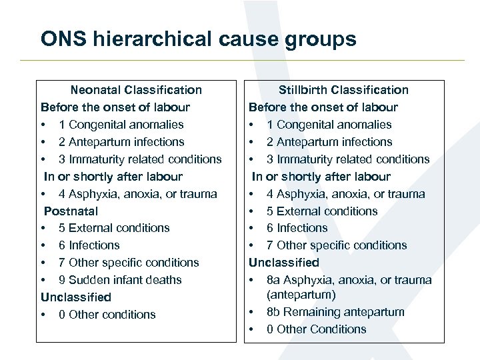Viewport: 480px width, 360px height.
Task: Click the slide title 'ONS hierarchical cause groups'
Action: pos(198,39)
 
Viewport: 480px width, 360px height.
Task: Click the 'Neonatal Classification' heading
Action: pos(136,90)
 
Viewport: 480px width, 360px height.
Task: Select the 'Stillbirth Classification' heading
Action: pos(343,90)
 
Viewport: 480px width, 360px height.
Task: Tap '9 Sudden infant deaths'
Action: pos(120,280)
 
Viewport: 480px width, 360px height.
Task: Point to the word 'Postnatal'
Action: pos(71,211)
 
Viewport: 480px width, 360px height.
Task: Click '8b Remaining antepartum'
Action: pos(335,312)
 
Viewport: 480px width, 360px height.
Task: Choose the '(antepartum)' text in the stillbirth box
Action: pos(301,295)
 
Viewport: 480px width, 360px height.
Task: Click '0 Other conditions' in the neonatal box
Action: pos(107,315)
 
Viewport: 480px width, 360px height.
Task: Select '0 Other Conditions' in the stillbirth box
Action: pos(316,329)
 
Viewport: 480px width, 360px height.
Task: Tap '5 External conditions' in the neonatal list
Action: pos(114,228)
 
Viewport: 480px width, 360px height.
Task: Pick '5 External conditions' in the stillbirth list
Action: pos(322,211)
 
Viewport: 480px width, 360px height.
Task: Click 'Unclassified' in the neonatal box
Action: pos(76,297)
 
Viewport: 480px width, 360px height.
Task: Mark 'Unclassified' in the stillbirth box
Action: pos(284,263)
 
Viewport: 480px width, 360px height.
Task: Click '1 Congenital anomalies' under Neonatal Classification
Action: pos(121,125)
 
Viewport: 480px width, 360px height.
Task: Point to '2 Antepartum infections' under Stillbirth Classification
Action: pos(329,142)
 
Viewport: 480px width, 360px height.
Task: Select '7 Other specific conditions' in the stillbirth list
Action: pos(337,245)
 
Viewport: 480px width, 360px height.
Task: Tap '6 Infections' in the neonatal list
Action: pos(89,245)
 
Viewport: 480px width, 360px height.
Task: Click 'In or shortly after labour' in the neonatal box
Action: pos(113,177)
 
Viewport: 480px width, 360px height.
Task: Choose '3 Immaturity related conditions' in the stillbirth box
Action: pos(348,159)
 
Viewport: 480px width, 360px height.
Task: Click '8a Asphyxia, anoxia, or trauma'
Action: pos(349,280)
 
